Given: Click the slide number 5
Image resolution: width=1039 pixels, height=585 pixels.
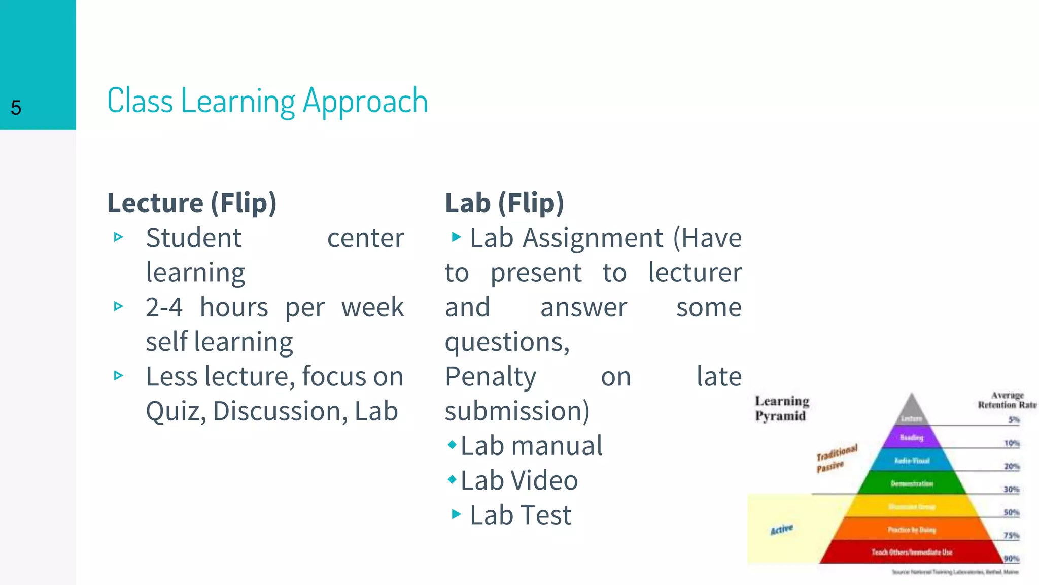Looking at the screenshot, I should (x=16, y=108).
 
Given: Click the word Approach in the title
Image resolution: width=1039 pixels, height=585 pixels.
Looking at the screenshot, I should (x=365, y=102).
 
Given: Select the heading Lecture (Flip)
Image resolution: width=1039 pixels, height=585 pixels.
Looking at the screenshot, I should (x=192, y=203).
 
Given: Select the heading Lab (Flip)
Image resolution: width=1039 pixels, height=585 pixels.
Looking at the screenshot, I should (x=504, y=203).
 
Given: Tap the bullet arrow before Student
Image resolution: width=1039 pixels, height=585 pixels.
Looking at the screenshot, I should (x=119, y=237).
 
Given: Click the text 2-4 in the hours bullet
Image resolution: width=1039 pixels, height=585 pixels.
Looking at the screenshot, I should (x=163, y=307).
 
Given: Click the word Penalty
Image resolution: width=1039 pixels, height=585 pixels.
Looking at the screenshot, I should (x=490, y=377).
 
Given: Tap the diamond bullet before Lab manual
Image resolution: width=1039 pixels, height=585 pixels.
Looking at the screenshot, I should (x=452, y=445).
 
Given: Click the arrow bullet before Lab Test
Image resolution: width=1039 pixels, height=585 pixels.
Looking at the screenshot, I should (x=456, y=514).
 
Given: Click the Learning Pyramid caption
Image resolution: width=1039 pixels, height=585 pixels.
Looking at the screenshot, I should (x=781, y=408).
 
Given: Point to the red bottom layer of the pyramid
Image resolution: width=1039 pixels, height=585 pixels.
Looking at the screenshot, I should (x=912, y=552).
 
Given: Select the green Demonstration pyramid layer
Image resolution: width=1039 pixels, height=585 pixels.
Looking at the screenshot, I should (x=912, y=483).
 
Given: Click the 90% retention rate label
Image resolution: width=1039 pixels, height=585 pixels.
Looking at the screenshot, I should (x=1011, y=558).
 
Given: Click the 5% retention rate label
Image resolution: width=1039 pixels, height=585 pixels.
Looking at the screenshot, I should (x=1013, y=419).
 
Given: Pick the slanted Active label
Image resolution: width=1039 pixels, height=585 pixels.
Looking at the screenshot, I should (x=781, y=530).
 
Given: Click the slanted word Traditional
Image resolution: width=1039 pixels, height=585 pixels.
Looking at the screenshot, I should (x=837, y=452).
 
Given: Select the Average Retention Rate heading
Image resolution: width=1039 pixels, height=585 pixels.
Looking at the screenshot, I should (x=1007, y=400).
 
